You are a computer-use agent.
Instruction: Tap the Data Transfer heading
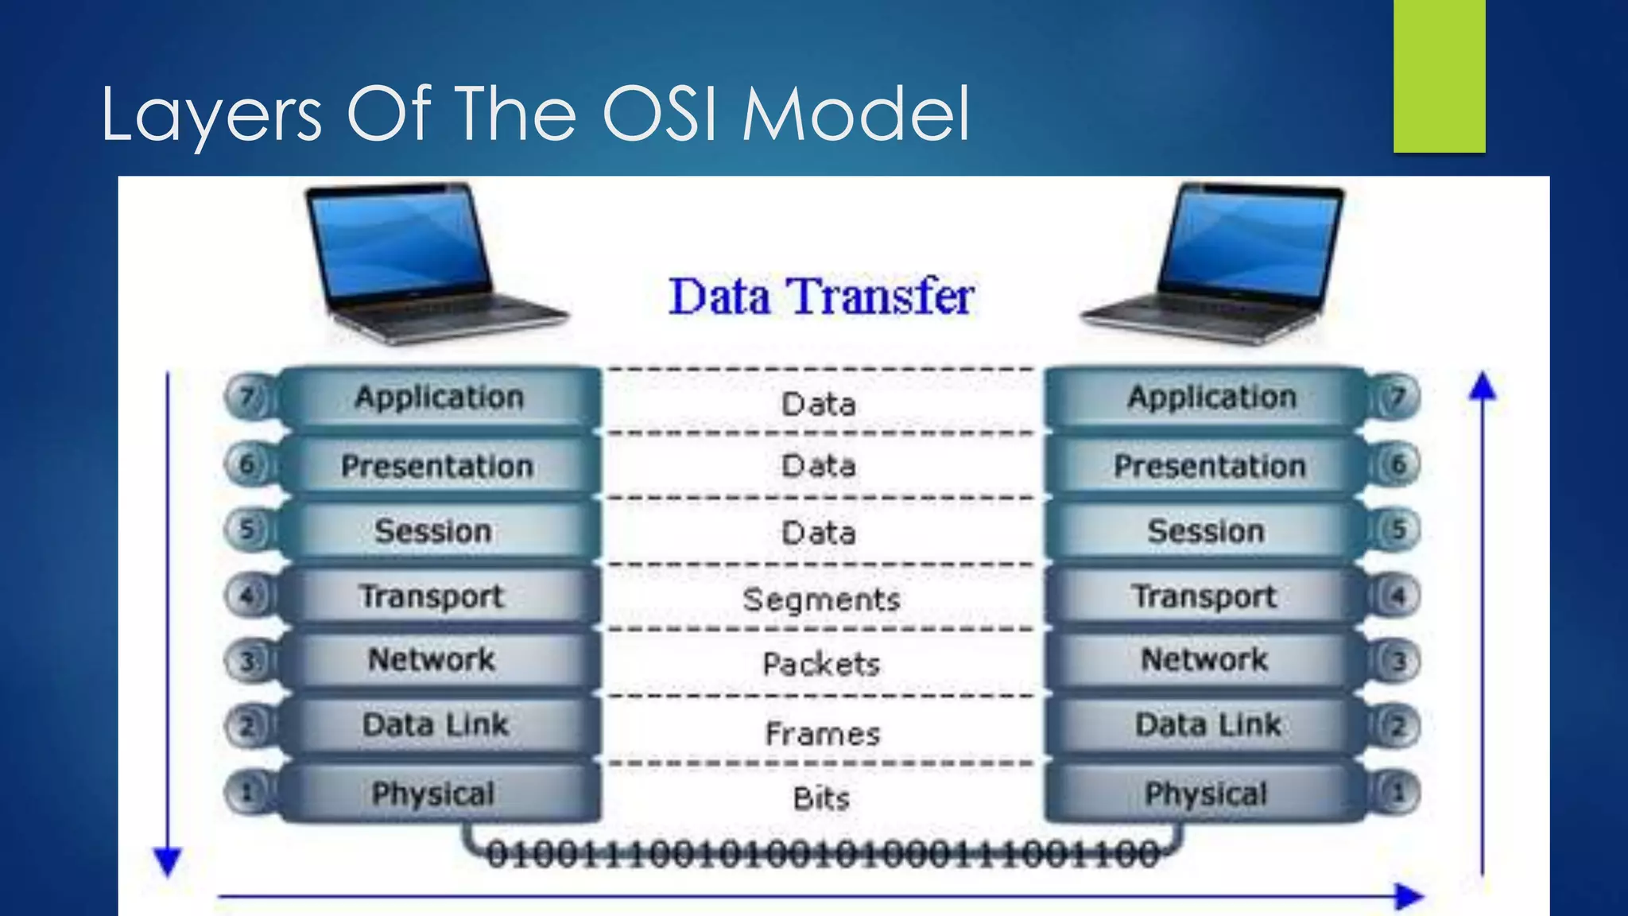(821, 297)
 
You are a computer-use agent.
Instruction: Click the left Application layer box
(440, 397)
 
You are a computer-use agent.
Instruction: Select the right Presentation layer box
(1208, 466)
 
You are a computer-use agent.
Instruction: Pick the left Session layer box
(433, 531)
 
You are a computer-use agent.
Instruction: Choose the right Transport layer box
(1204, 596)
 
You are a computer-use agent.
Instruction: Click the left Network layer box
(432, 660)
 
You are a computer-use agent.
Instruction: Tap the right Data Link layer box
(1207, 725)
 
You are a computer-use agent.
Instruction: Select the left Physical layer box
(433, 794)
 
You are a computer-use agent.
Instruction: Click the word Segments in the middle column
(821, 600)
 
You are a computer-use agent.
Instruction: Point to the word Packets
(821, 665)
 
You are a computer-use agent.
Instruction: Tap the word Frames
(823, 733)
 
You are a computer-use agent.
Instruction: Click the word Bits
(821, 798)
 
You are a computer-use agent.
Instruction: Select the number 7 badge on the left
(247, 396)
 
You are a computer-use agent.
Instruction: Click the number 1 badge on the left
(247, 792)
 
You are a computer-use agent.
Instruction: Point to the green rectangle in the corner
(1439, 76)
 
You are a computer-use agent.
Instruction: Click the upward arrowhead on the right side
(1483, 386)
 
